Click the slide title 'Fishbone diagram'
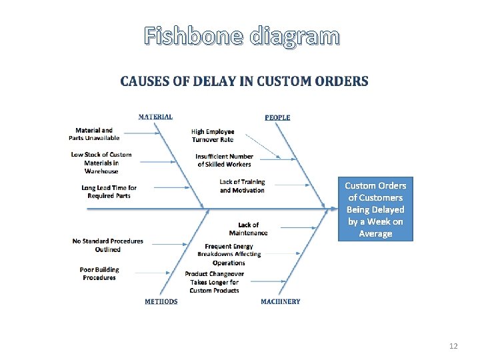pos(241,36)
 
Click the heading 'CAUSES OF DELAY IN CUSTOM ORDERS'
pos(244,81)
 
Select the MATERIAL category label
pos(155,117)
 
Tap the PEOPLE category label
pos(277,117)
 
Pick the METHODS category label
pos(161,301)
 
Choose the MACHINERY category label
pos(280,301)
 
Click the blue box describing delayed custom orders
pos(375,209)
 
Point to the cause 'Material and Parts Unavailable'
pos(94,134)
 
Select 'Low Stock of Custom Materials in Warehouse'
pos(101,163)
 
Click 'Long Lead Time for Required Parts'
pos(109,192)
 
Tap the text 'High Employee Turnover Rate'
pos(213,135)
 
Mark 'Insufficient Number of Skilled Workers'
pos(225,161)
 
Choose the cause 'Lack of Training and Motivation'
pos(242,186)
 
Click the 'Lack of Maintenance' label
pos(248,229)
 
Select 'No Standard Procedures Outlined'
pos(107,245)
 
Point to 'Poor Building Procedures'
pos(99,273)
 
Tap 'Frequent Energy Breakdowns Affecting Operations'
pos(229,255)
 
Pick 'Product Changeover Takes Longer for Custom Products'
pos(214,282)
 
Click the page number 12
pos(453,346)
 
